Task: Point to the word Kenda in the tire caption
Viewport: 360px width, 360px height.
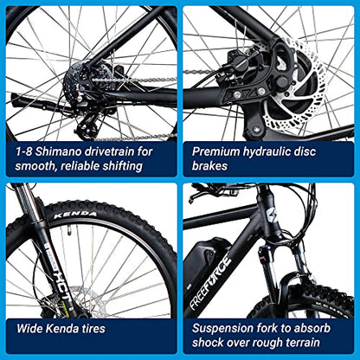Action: [x=62, y=328]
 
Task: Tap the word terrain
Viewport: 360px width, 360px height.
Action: [x=303, y=343]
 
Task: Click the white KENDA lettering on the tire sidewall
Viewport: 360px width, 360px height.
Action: [x=75, y=215]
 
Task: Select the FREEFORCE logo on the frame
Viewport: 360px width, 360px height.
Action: [x=211, y=279]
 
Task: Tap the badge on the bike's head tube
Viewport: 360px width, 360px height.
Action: [x=273, y=215]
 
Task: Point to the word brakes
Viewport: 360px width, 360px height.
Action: [x=209, y=166]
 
